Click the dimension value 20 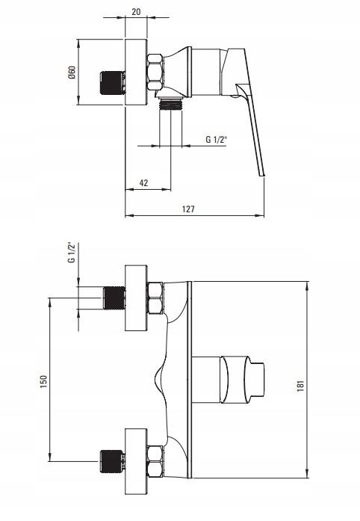coord(136,12)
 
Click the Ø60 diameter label coord(72,73)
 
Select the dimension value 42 coord(143,182)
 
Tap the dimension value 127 coord(188,209)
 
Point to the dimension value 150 coord(44,381)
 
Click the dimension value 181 coord(300,386)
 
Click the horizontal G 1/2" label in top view coord(216,139)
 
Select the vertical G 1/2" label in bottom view coord(72,253)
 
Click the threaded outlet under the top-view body coord(171,104)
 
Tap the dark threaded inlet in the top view coord(113,83)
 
